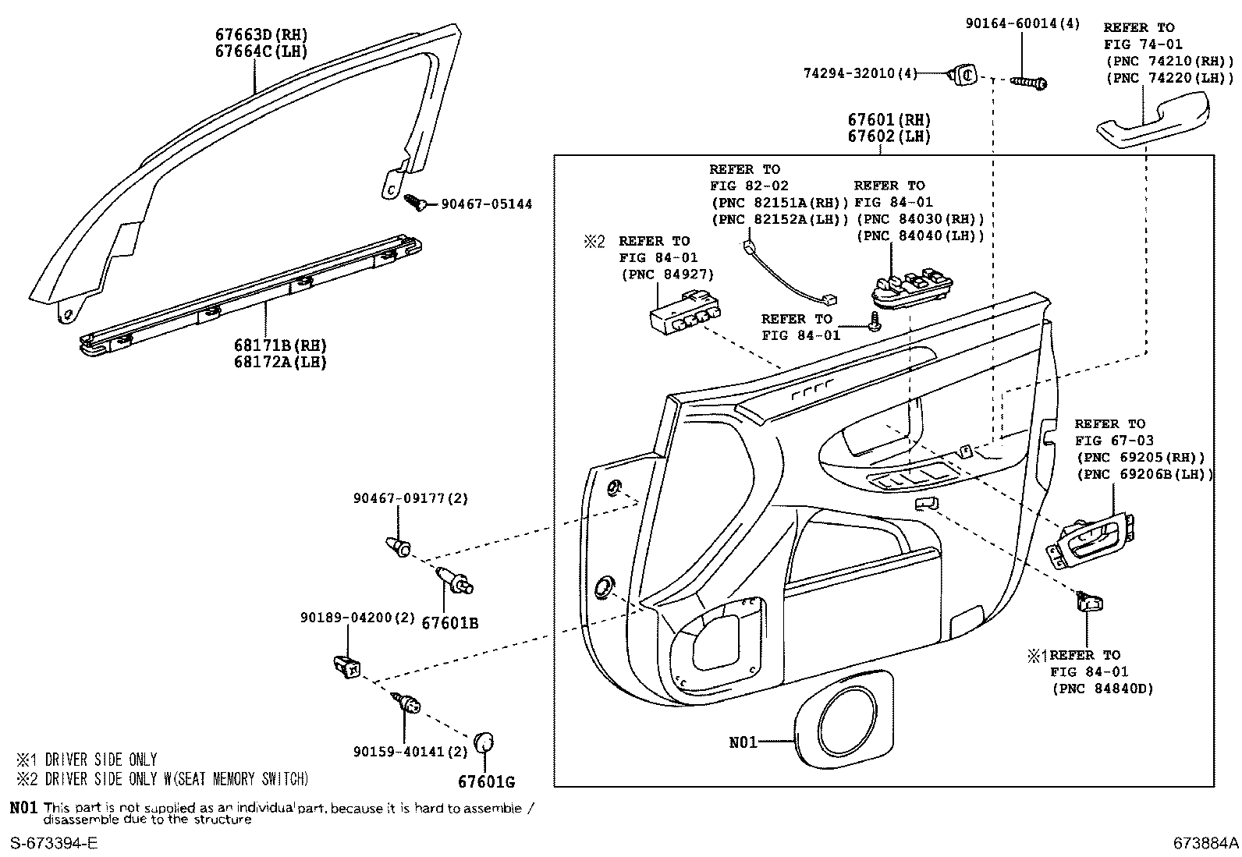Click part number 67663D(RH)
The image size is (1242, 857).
(261, 35)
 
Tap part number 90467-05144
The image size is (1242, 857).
(487, 204)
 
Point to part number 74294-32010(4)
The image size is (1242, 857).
(861, 73)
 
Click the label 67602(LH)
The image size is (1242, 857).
(889, 136)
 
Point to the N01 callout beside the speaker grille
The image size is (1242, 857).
(743, 742)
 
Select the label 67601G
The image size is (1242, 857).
(486, 782)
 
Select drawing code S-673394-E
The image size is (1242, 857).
(54, 843)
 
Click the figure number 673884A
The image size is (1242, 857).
(1205, 843)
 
